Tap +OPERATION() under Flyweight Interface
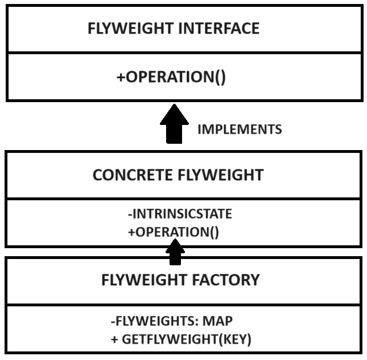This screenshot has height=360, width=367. pyautogui.click(x=171, y=77)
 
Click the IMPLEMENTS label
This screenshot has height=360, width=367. pyautogui.click(x=239, y=130)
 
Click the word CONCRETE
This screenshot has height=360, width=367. pyautogui.click(x=129, y=175)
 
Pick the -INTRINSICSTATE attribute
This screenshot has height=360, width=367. pyautogui.click(x=179, y=215)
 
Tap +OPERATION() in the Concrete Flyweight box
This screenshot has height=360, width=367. pyautogui.click(x=174, y=232)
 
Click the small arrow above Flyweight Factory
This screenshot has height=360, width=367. pyautogui.click(x=175, y=252)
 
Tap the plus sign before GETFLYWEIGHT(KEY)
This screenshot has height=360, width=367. pyautogui.click(x=115, y=339)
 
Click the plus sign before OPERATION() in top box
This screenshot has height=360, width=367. pyautogui.click(x=120, y=77)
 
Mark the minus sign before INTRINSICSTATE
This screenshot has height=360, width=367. pyautogui.click(x=131, y=215)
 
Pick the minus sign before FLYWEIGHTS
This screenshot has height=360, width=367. pyautogui.click(x=113, y=321)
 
